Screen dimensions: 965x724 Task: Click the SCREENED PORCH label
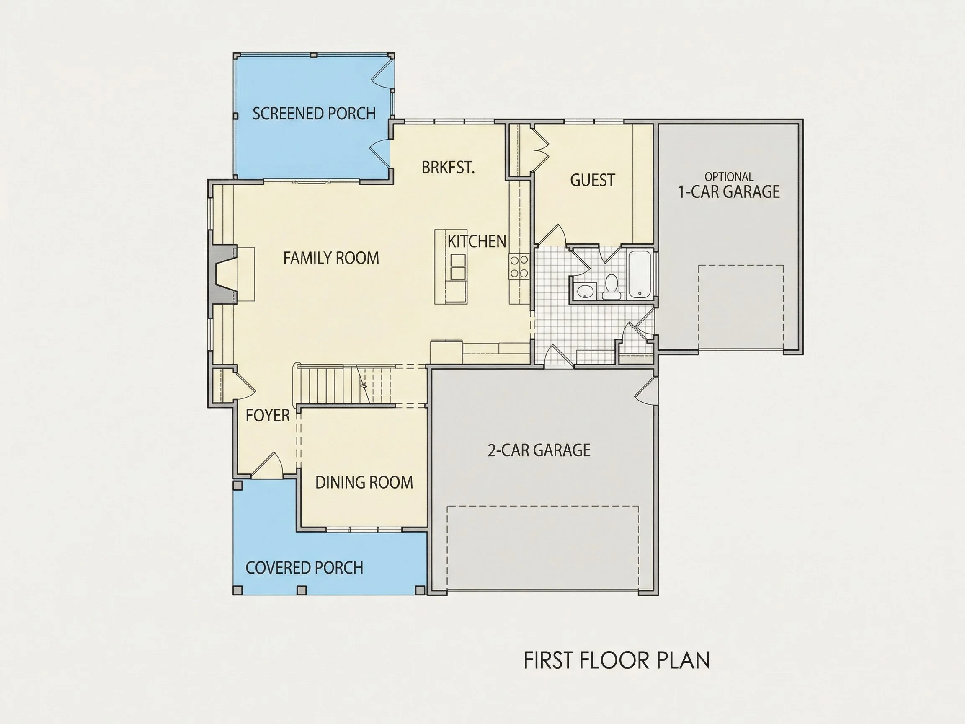[314, 114]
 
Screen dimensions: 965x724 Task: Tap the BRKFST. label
[448, 168]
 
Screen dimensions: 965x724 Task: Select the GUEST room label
[592, 180]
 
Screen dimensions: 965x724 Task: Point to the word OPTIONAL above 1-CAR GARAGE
[729, 177]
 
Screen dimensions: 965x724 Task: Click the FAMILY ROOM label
[331, 258]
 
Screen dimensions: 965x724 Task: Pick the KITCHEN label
[477, 241]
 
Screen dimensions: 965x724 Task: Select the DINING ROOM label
[364, 482]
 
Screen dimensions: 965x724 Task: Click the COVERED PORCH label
[304, 568]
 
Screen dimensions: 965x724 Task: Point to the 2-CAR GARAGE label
[539, 450]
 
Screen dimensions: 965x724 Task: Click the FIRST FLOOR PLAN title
[617, 660]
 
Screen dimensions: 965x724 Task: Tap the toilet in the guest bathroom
[611, 287]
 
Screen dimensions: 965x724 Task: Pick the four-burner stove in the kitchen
[519, 266]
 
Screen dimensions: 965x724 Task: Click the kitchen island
[451, 266]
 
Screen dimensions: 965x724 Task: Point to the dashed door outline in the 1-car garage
[741, 307]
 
